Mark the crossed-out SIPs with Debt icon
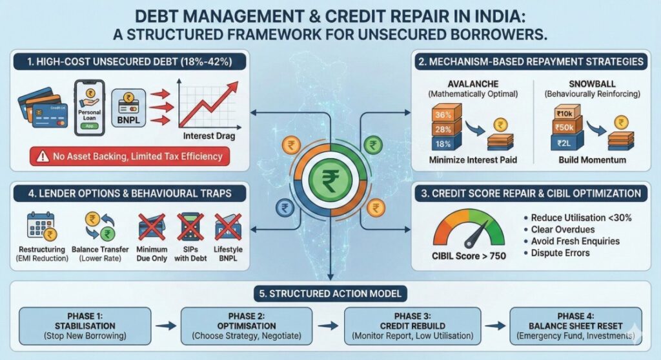pos(192,228)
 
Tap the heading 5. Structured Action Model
pos(330,294)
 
